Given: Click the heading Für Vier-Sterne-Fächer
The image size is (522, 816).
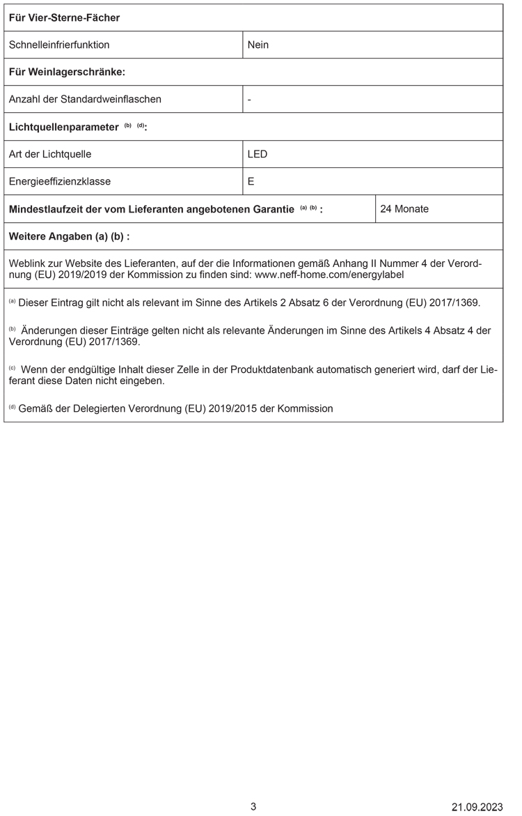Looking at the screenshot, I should tap(64, 17).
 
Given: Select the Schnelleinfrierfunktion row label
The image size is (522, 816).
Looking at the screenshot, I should tap(59, 45).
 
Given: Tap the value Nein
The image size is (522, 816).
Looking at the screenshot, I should tap(258, 45).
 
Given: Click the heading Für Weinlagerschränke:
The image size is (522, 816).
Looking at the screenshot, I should tap(67, 72).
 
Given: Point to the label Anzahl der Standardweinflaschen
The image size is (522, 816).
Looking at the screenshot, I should tap(85, 99).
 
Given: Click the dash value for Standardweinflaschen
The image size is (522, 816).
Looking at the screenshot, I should tap(249, 99).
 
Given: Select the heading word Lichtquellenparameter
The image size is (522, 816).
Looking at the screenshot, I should tap(63, 127).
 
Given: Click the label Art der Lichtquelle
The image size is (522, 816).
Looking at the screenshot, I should tap(50, 154).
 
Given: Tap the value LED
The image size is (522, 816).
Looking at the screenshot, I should tap(258, 154).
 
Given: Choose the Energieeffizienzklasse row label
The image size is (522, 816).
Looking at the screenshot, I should tap(60, 181).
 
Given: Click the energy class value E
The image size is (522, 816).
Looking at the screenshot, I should tap(251, 181).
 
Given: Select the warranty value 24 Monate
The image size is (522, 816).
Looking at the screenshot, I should tap(404, 208).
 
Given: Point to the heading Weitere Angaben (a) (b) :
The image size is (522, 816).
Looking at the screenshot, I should tap(69, 236).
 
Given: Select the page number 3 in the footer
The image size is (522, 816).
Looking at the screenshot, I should tap(253, 806).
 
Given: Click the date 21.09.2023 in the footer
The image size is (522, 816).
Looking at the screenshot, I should tap(477, 807).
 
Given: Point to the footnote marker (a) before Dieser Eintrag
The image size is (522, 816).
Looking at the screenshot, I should tap(12, 302).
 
